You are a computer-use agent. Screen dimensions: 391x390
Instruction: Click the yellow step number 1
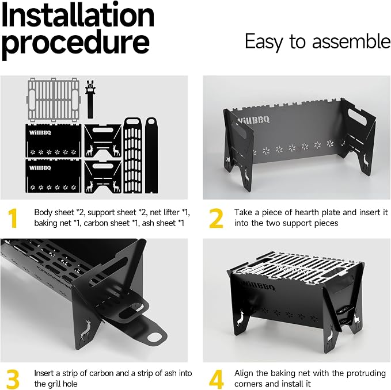[13, 218]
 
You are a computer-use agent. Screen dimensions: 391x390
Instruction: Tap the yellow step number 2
[216, 218]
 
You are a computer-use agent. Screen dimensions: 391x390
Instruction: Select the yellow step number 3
[13, 379]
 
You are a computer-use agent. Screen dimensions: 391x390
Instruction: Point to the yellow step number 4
[217, 379]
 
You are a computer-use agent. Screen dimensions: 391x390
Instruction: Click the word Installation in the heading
[78, 15]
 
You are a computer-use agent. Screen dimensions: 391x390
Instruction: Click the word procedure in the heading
[75, 43]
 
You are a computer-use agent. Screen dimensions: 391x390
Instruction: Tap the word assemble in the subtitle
[351, 41]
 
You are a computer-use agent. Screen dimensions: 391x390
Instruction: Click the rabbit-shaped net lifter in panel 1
[90, 99]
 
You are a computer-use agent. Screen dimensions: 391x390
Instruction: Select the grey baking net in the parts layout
[54, 100]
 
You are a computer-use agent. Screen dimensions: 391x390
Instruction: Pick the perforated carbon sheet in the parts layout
[132, 155]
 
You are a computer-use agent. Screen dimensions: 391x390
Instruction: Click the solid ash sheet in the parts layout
[151, 155]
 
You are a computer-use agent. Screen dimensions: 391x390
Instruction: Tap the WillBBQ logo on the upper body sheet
[40, 132]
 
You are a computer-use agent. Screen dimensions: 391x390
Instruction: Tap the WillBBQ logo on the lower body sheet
[40, 168]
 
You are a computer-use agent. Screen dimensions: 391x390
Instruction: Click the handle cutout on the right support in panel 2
[358, 117]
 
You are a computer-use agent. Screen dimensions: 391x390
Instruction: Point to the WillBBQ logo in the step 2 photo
[253, 121]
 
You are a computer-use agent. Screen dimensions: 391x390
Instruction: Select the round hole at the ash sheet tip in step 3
[154, 338]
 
